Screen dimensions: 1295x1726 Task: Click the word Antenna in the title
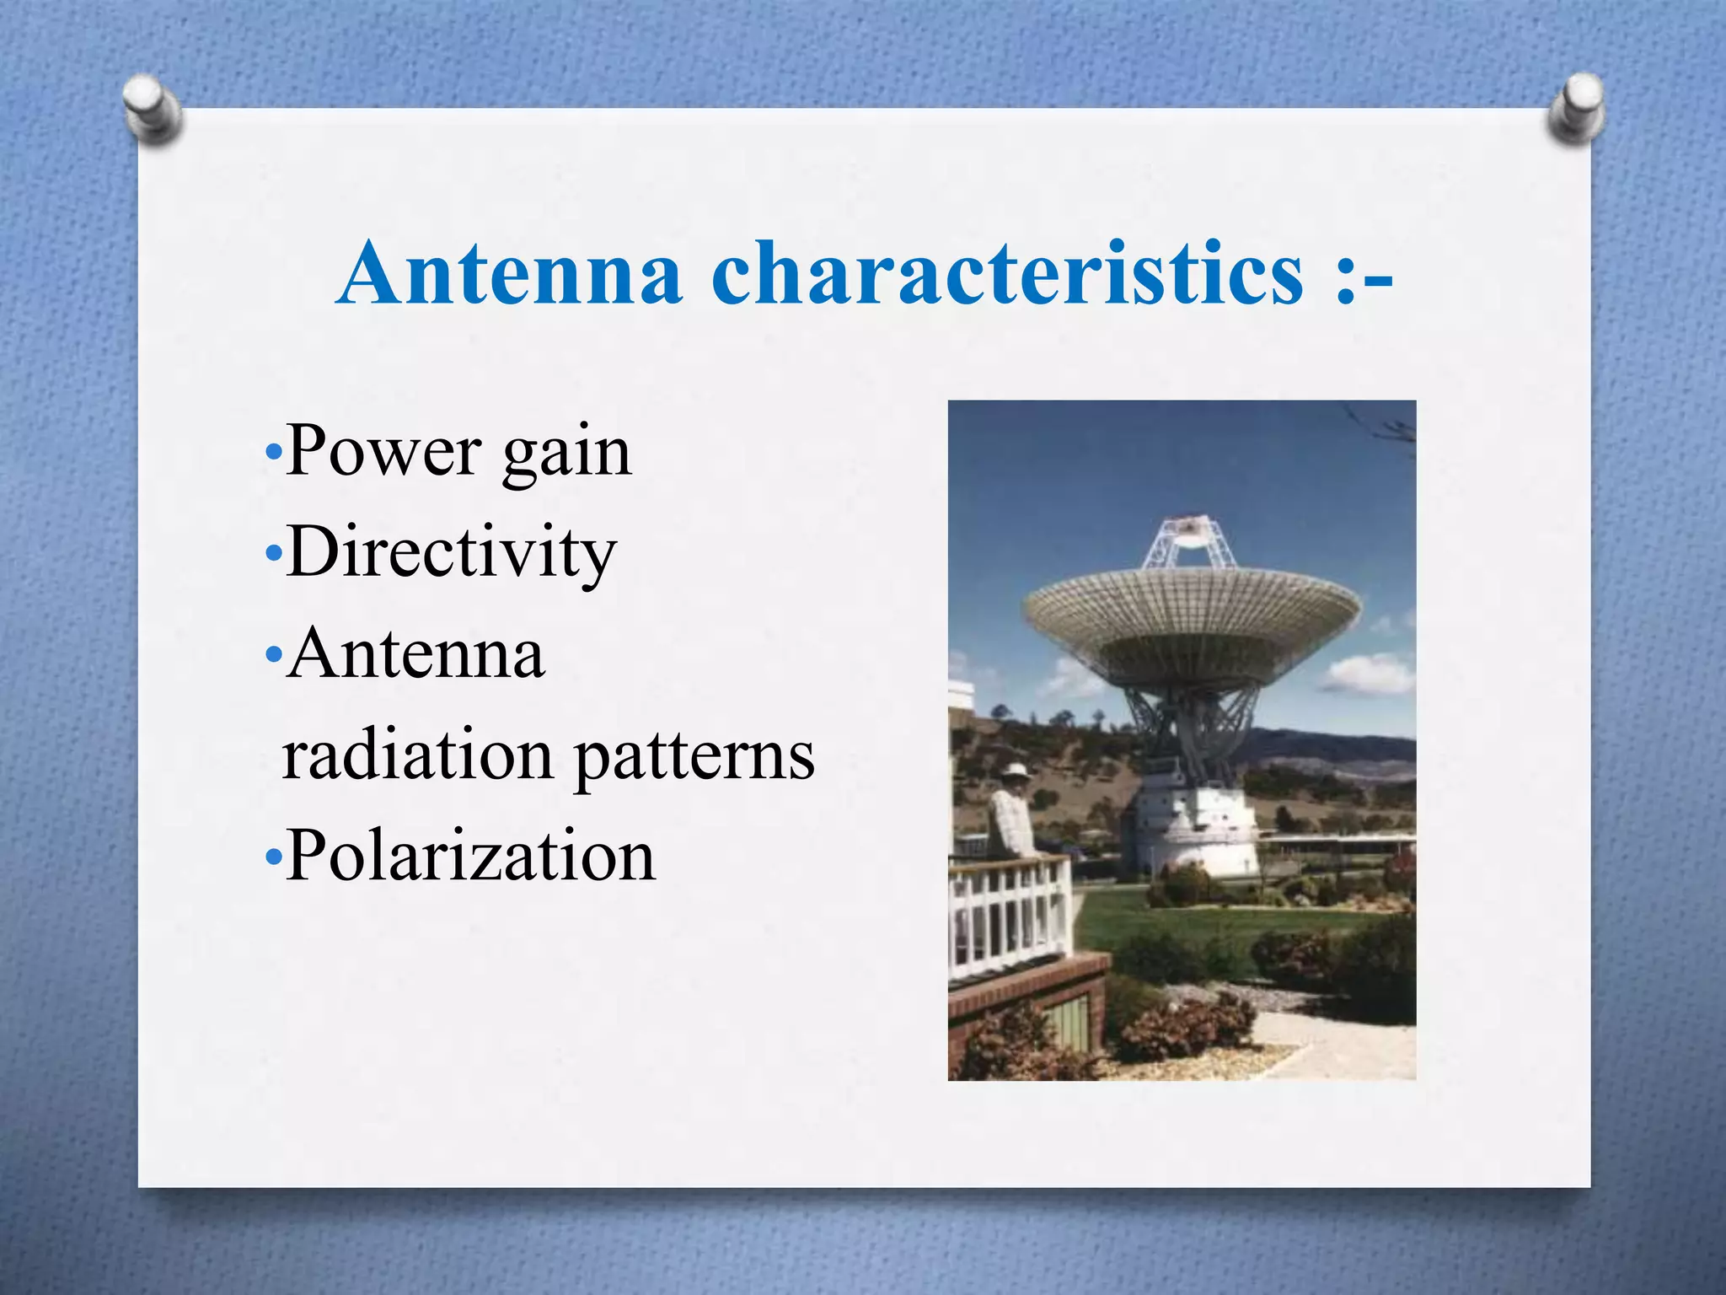coord(509,273)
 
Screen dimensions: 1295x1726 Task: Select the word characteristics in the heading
coord(1007,273)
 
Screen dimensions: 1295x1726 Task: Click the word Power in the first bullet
coord(383,452)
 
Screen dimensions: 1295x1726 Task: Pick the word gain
coord(566,455)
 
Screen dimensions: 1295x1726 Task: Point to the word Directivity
coord(451,553)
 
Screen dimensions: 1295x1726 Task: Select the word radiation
coord(417,755)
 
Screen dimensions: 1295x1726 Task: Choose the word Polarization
coord(470,856)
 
